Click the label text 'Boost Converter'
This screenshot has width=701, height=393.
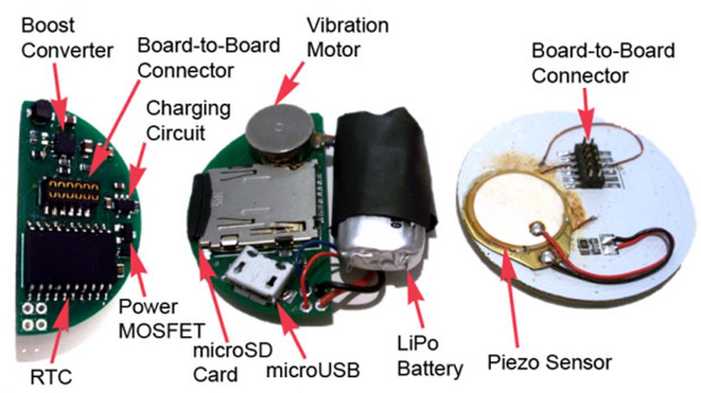[56, 38]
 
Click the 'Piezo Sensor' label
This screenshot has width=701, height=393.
[550, 362]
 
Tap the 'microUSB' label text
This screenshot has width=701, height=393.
[313, 370]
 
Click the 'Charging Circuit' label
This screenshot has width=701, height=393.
[188, 120]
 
